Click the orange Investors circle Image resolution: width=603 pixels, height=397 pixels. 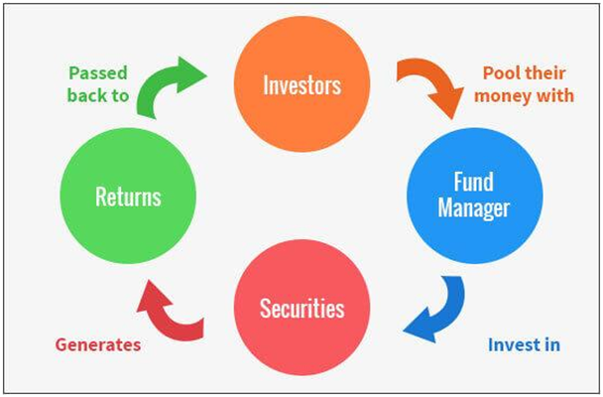(x=301, y=84)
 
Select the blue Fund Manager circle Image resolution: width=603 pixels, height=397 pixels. (x=474, y=196)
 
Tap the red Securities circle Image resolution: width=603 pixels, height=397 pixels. (x=301, y=308)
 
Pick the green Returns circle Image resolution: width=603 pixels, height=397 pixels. (x=128, y=196)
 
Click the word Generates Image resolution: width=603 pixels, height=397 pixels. (x=98, y=344)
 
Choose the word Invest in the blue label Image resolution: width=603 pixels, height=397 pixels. (x=512, y=344)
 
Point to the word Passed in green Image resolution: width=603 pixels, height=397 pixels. (x=98, y=73)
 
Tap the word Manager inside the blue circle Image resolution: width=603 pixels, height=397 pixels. (x=474, y=208)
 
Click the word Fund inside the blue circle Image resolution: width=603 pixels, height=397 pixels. (x=474, y=182)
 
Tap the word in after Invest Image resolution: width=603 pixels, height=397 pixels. (x=550, y=344)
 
